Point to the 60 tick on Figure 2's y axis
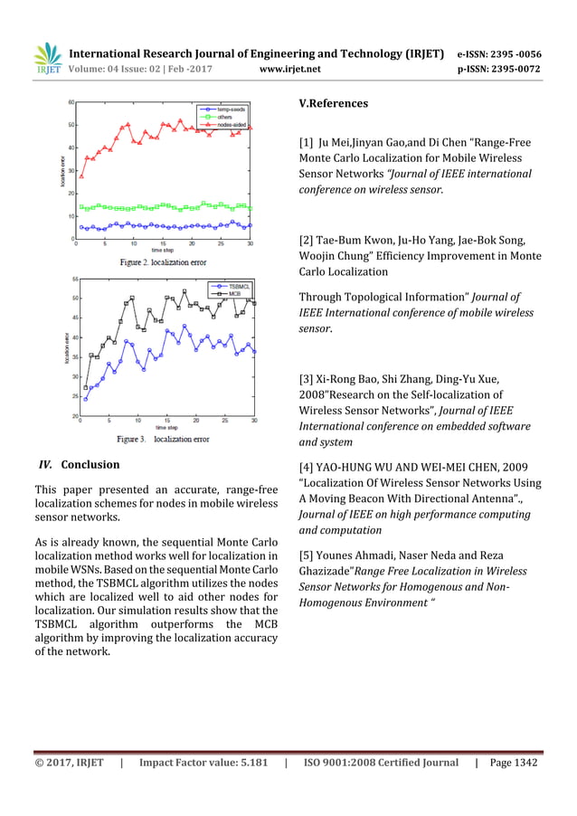pyautogui.click(x=71, y=102)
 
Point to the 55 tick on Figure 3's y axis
pyautogui.click(x=72, y=280)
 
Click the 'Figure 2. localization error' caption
pyautogui.click(x=164, y=262)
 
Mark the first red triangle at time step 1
pyautogui.click(x=81, y=176)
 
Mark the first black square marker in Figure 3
pyautogui.click(x=86, y=388)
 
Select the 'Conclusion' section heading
pyautogui.click(x=90, y=465)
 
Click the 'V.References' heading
pyautogui.click(x=333, y=104)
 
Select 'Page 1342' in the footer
pyautogui.click(x=514, y=763)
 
